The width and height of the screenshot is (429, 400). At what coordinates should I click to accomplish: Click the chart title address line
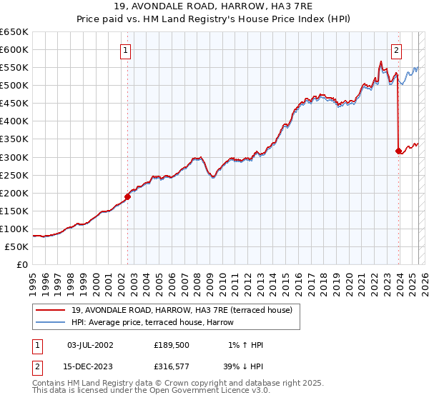214,6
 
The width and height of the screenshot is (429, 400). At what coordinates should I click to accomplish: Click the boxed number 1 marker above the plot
126,50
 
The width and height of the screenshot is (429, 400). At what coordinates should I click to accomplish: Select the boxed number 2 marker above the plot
396,50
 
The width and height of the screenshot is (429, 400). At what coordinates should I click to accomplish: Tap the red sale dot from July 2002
128,196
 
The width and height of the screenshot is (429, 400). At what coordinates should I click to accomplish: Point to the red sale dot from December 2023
398,151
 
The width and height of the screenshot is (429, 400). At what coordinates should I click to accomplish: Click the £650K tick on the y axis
14,32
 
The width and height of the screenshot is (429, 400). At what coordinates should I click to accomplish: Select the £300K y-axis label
14,157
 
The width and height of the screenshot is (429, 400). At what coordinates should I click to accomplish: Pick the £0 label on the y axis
21,264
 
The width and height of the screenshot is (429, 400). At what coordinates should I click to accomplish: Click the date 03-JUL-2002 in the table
90,345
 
